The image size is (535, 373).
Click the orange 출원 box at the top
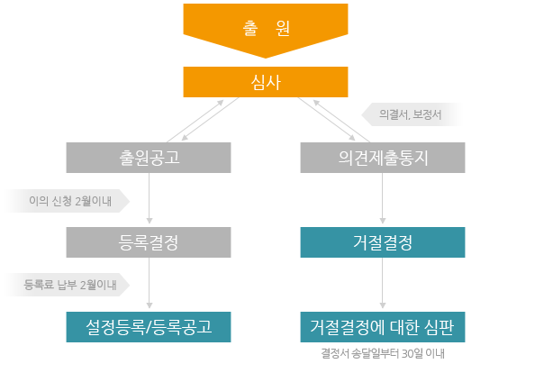tap(266, 29)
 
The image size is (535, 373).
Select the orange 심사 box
tap(266, 82)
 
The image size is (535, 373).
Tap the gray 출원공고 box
tap(149, 158)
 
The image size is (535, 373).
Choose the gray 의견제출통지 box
tap(383, 158)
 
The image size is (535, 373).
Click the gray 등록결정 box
tap(149, 242)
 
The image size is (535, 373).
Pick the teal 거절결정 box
tap(383, 242)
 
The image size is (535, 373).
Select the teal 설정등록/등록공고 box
tap(149, 327)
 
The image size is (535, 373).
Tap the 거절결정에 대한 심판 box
tap(383, 327)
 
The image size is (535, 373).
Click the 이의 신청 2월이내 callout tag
tap(67, 201)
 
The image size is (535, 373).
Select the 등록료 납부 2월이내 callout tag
tap(67, 285)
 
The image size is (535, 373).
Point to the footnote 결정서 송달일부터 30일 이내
tap(383, 353)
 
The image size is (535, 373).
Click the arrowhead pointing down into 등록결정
tap(150, 221)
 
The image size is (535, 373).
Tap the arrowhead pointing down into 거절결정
tap(383, 221)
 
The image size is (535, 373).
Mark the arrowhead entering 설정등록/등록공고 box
tap(150, 305)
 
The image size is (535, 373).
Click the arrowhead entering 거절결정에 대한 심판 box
tap(383, 305)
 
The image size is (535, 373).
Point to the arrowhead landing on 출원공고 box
tap(185, 138)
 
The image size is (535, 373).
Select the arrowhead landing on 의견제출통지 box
tap(352, 138)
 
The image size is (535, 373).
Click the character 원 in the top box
tap(283, 28)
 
